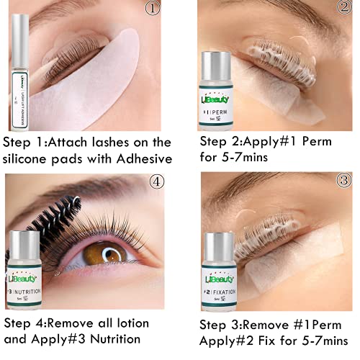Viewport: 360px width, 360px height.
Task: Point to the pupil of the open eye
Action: [x=110, y=255]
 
